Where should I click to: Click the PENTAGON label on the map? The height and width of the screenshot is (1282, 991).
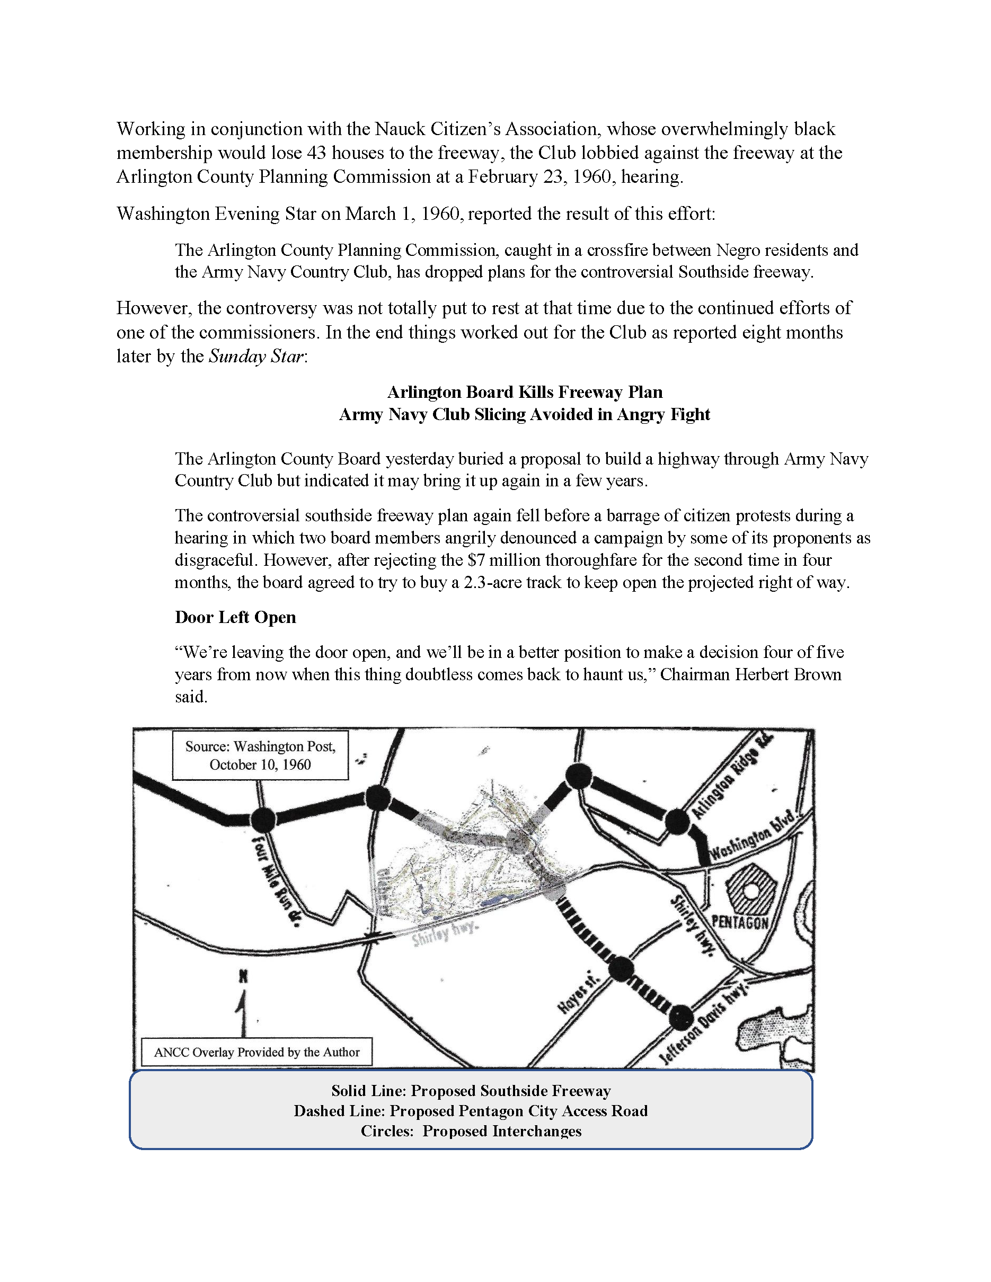(x=740, y=922)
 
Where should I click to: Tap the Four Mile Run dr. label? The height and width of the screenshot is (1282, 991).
(x=275, y=880)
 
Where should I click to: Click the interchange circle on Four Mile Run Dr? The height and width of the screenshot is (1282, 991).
(x=263, y=820)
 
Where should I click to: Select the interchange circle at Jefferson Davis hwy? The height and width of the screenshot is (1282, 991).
(x=680, y=1017)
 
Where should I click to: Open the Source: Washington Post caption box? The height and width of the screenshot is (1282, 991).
(x=260, y=755)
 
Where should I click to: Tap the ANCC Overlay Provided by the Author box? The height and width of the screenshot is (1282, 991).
(x=256, y=1053)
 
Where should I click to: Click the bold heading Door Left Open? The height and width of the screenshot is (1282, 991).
(x=235, y=618)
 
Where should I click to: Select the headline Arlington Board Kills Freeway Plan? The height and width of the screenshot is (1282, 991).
(x=525, y=392)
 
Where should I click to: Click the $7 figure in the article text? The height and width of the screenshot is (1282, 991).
(x=476, y=560)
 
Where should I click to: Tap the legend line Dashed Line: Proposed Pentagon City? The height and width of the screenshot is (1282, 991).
(x=470, y=1111)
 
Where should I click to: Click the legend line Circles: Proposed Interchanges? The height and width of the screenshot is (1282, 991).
(x=471, y=1131)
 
